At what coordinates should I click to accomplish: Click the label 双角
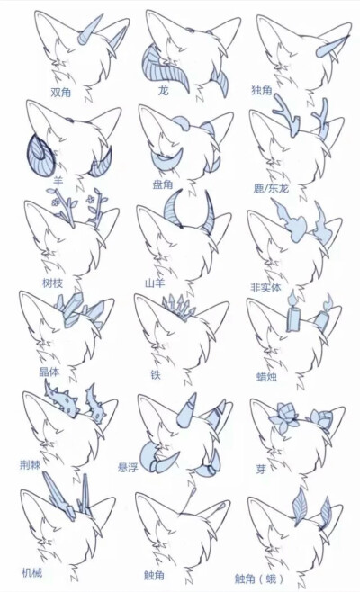coord(62,91)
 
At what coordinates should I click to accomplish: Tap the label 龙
coord(163,91)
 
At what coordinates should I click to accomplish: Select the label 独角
coord(263,91)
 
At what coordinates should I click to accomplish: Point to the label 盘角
coord(163,184)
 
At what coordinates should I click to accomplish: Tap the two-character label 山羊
coord(156,283)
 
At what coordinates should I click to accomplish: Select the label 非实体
coord(266,288)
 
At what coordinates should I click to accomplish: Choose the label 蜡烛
coord(267,377)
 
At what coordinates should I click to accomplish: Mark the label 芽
coord(261,469)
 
